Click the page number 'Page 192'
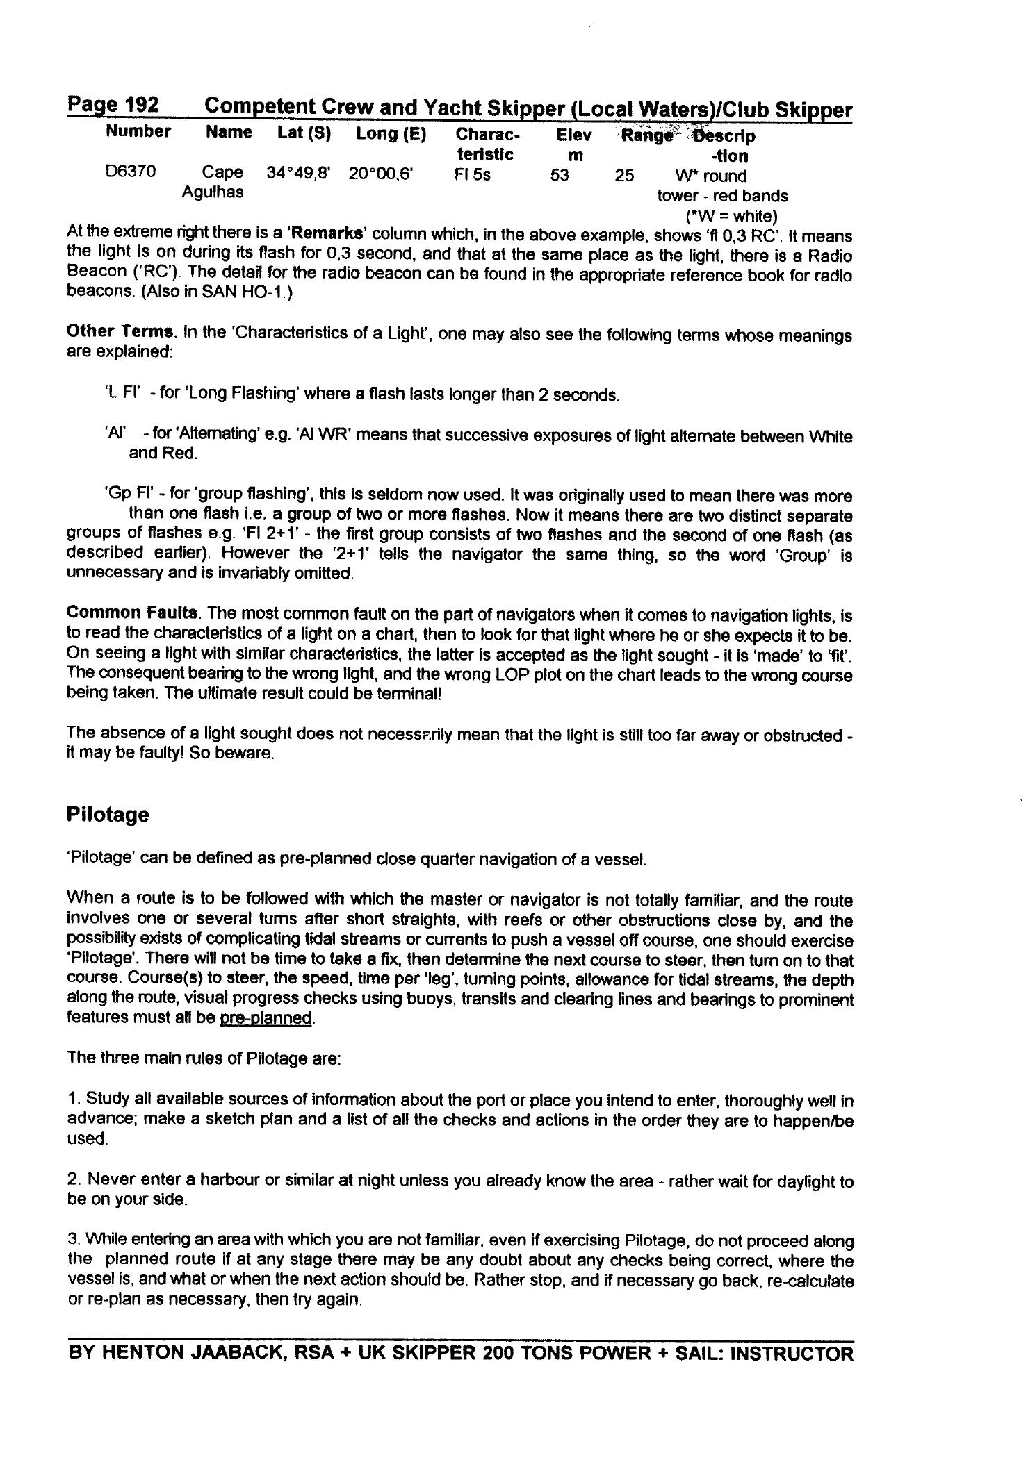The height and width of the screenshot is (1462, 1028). [x=113, y=105]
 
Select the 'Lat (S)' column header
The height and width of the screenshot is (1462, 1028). [x=304, y=133]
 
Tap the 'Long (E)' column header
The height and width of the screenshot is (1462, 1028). [x=391, y=133]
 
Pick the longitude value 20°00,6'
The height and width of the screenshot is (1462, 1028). [x=381, y=174]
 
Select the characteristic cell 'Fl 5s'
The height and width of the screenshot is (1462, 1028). [x=472, y=174]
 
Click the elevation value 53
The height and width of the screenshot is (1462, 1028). [x=560, y=175]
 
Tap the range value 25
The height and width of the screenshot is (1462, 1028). [x=624, y=175]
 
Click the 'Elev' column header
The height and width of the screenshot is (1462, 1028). [x=574, y=135]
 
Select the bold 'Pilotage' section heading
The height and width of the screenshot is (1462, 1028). [x=108, y=814]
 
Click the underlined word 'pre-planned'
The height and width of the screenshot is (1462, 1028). [x=266, y=1018]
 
